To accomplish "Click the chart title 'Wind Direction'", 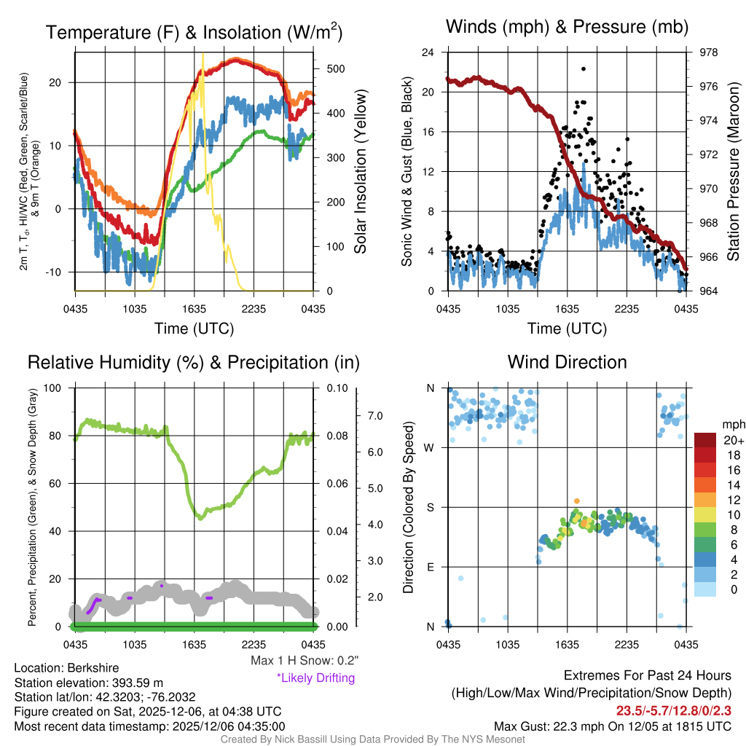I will tap(567, 362).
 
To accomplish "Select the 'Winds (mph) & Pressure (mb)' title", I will tap(567, 28).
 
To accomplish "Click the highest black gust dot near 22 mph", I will tap(584, 68).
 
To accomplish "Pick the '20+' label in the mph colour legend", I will tap(729, 440).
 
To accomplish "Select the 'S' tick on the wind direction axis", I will tap(431, 507).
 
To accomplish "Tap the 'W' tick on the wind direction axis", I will tap(431, 447).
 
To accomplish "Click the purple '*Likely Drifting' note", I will tap(315, 678).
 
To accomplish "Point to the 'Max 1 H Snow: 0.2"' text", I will tap(304, 661).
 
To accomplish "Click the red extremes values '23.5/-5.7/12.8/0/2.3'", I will tap(674, 710).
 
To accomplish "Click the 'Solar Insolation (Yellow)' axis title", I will tap(360, 172).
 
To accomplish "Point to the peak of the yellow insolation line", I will tap(203, 54).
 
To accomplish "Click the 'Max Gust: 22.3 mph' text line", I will tap(612, 726).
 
